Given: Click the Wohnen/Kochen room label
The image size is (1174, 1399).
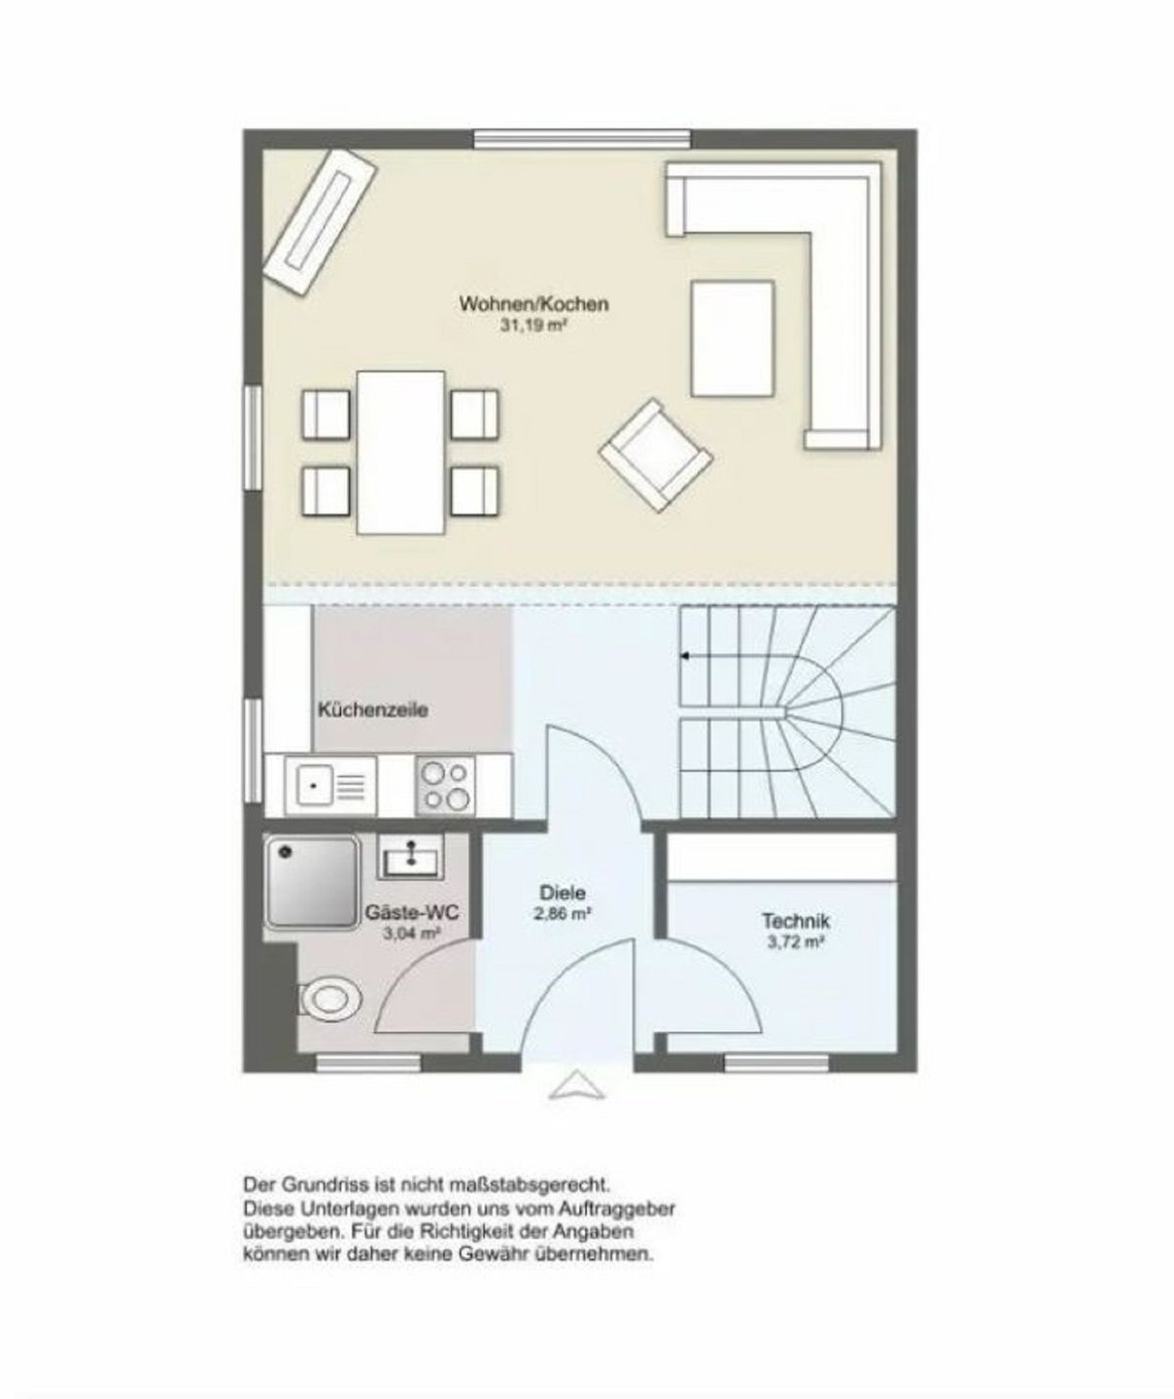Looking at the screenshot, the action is coord(534,303).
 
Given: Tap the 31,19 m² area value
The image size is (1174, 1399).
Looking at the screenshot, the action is coord(535,326).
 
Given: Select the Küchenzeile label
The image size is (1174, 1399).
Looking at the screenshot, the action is coord(373,709).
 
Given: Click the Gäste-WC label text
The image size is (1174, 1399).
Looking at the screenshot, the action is coord(412,912).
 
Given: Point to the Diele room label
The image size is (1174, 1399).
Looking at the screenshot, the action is coord(563,893).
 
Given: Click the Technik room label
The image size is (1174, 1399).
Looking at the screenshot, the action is coord(796,921).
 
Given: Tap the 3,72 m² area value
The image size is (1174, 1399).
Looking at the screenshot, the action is coord(796,942).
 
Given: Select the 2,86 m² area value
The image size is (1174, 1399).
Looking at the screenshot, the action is coord(563,913).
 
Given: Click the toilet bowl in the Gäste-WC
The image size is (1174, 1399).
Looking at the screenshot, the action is coord(331,999).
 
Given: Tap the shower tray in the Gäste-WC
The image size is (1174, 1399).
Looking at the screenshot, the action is coord(311,882).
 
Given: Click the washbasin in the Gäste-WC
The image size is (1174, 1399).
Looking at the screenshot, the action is coord(410,857).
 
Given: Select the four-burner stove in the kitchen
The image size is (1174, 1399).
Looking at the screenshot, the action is coord(445,786).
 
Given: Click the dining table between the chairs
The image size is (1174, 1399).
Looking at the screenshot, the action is coord(401,453).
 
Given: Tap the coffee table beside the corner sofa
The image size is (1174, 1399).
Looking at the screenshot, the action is coord(733,339).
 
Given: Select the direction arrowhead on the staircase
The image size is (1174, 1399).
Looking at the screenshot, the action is coord(684,656).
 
